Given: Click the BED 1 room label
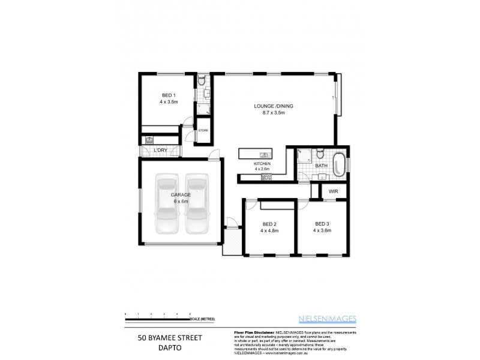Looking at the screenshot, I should click(x=169, y=95).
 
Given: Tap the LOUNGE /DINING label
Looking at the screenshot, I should click(x=273, y=106).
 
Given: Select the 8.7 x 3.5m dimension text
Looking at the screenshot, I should click(x=273, y=113).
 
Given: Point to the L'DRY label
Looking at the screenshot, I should click(x=160, y=150).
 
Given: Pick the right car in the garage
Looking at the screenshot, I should click(x=197, y=204).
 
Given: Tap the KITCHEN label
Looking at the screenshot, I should click(x=262, y=163).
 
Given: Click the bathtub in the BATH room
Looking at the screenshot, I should click(x=340, y=164).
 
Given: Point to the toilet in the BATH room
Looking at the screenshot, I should click(x=321, y=152).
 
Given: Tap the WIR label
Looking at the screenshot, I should click(x=333, y=191).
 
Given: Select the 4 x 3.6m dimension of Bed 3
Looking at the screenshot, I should click(x=322, y=230).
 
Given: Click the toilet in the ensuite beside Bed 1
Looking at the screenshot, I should click(x=202, y=80).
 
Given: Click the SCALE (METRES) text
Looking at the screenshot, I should click(x=203, y=319).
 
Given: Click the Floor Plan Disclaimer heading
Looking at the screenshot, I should click(x=251, y=332).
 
